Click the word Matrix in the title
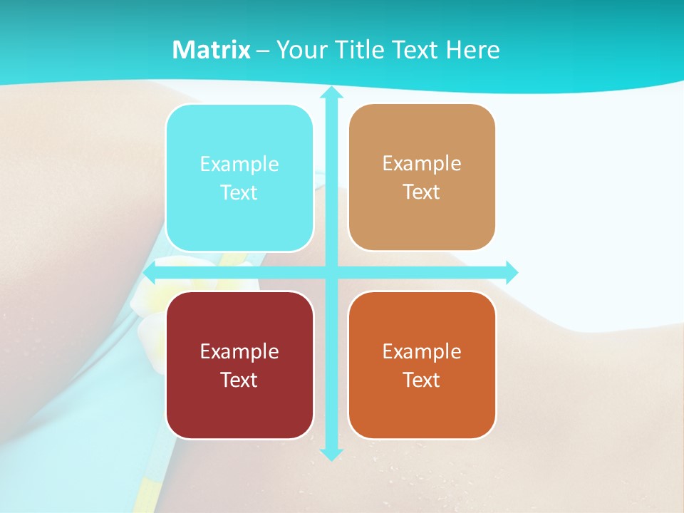point(211,50)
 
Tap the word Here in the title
point(473,50)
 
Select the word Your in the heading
point(301,50)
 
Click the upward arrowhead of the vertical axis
point(331,93)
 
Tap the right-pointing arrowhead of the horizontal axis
point(511,272)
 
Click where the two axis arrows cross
point(331,272)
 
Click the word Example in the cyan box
point(239,165)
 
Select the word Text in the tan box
point(421,192)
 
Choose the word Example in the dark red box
point(239,351)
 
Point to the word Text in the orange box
point(421,380)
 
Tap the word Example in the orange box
point(421,351)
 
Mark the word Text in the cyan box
point(239,192)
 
